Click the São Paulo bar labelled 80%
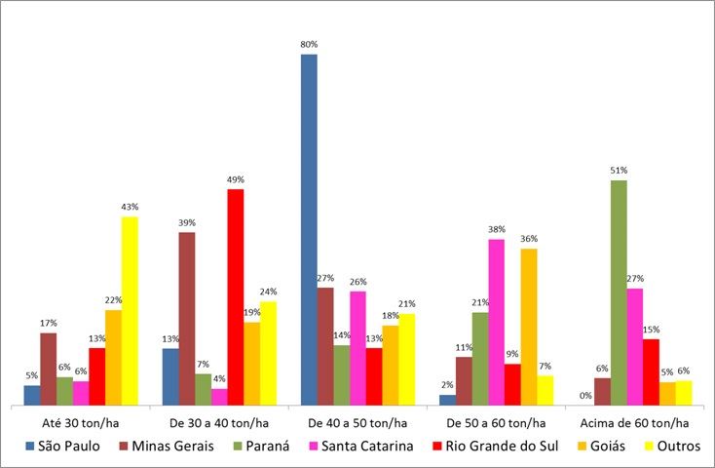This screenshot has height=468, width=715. [309, 229]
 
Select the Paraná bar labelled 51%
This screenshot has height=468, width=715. [619, 292]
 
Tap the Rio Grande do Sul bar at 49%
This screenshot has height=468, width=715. [235, 296]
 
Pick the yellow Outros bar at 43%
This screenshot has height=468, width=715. [130, 310]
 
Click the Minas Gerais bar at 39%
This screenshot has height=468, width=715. [186, 318]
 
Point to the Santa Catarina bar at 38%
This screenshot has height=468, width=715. [496, 322]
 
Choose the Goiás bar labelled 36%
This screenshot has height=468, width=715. [528, 326]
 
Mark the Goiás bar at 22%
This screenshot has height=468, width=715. [113, 357]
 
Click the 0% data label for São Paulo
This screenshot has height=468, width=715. [586, 395]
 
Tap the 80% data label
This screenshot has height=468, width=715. [309, 45]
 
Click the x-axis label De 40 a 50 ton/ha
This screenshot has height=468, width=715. [357, 423]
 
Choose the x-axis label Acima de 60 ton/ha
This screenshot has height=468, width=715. [634, 423]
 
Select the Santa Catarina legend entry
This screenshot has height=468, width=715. [364, 446]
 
